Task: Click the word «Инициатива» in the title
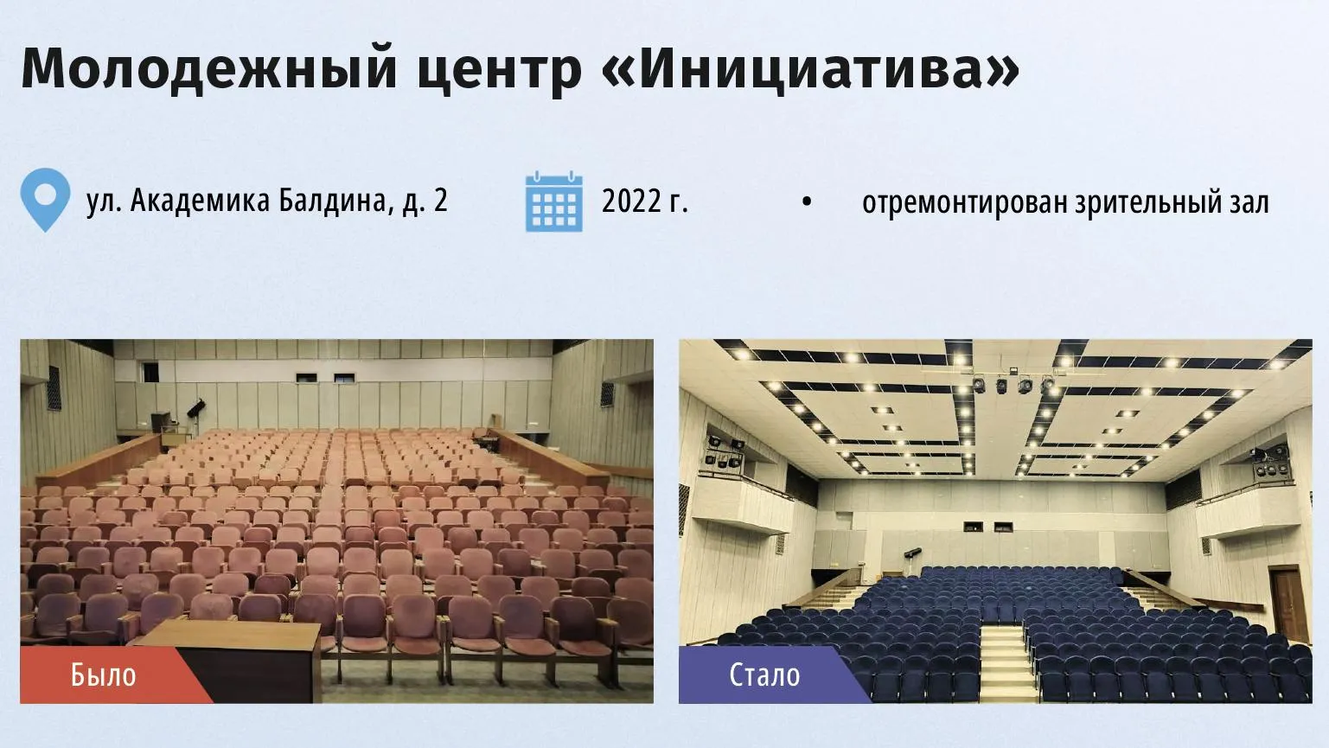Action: coord(810,68)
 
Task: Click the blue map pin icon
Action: coord(45,199)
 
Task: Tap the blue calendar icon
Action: coord(554,201)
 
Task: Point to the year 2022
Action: coord(631,201)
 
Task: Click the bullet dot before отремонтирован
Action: coord(806,201)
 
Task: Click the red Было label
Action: coord(104,675)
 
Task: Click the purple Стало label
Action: coord(764,675)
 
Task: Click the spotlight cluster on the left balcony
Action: coord(723,452)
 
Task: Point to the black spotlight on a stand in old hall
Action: coord(195,410)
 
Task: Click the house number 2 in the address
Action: coord(440,201)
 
